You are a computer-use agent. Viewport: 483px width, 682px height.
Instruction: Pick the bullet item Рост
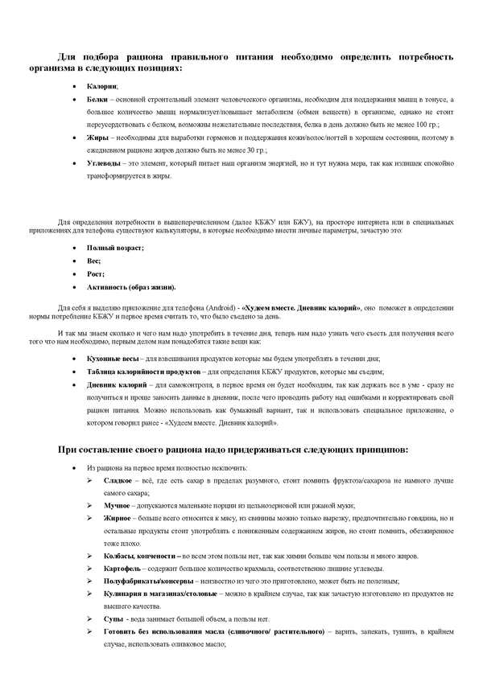95,273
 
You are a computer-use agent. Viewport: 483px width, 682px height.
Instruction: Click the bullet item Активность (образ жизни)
130,286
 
